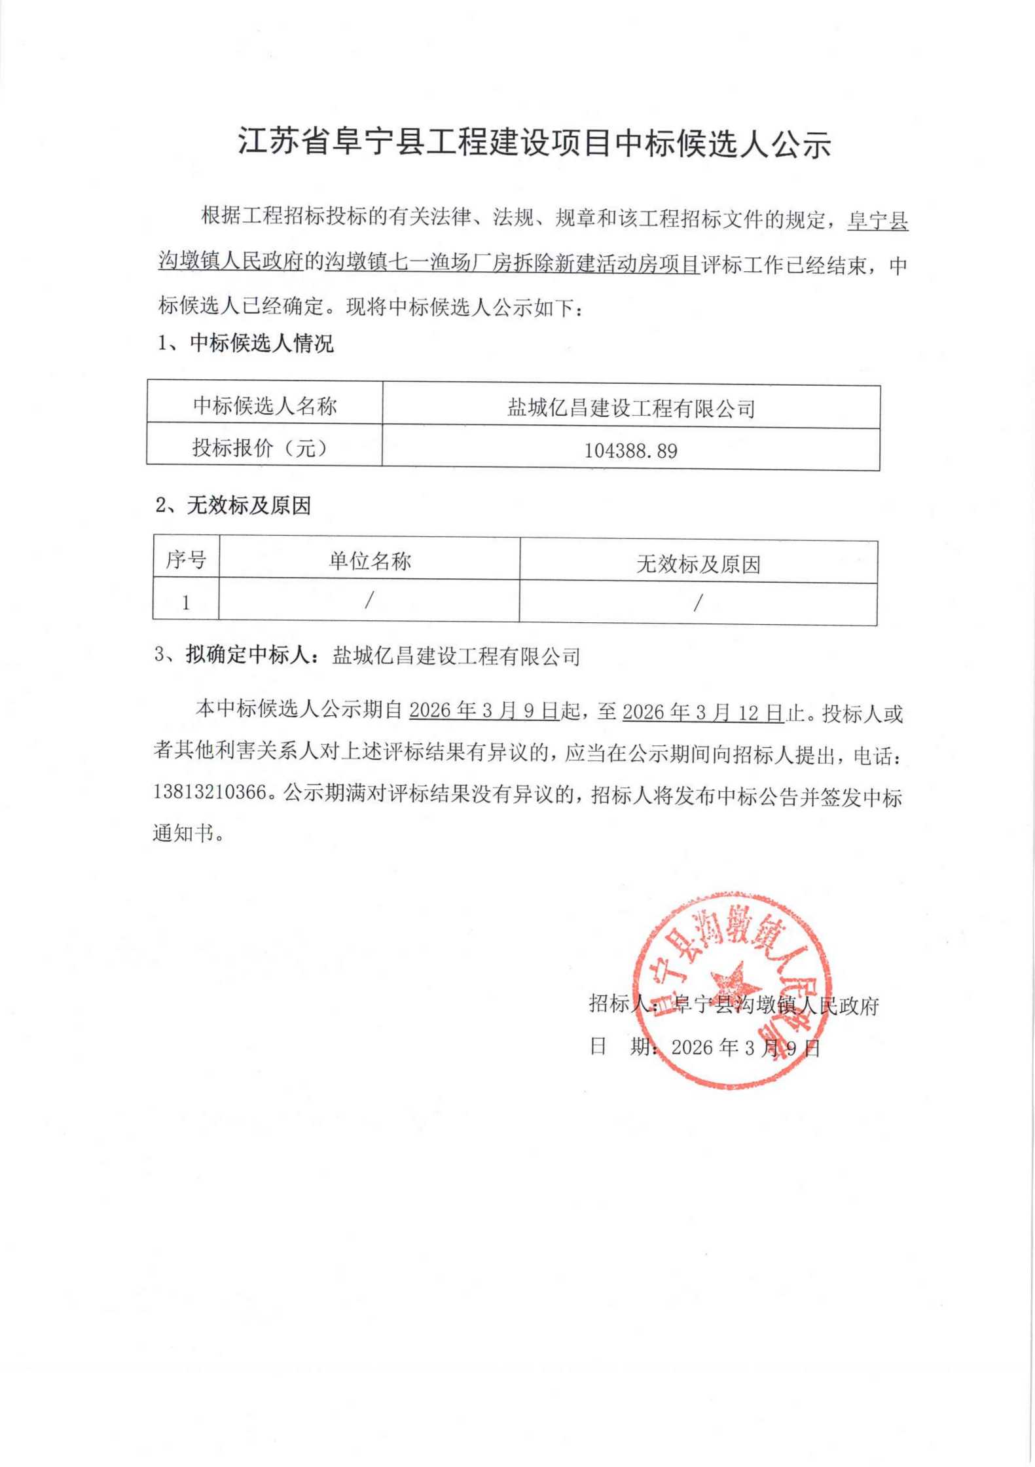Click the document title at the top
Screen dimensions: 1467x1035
pos(534,143)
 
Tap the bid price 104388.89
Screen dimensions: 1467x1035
pos(630,451)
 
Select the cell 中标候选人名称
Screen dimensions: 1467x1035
pos(264,406)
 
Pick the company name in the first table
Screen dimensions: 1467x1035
pos(631,409)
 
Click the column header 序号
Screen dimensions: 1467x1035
pos(186,560)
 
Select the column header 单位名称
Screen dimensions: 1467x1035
pos(370,561)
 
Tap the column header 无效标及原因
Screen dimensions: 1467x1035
pos(698,564)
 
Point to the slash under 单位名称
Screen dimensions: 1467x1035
pos(369,600)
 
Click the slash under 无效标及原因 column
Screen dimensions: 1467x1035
pos(698,603)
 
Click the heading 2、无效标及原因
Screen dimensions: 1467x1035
pos(233,506)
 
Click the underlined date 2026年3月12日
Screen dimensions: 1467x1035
pos(703,712)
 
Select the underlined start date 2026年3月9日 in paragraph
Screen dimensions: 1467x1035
pos(484,711)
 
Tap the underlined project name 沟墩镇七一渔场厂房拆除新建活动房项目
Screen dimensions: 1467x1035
pos(512,264)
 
